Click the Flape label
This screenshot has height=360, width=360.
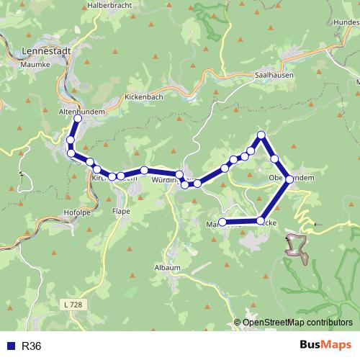[120, 211]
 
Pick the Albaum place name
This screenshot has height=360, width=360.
[167, 267]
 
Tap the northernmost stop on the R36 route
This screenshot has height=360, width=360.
[261, 135]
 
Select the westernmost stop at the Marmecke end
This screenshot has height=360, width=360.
[222, 222]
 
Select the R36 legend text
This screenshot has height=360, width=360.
[32, 346]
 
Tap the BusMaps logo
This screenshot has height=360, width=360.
[326, 346]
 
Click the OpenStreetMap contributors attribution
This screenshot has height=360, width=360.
[297, 322]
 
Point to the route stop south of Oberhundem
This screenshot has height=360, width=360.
[261, 221]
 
